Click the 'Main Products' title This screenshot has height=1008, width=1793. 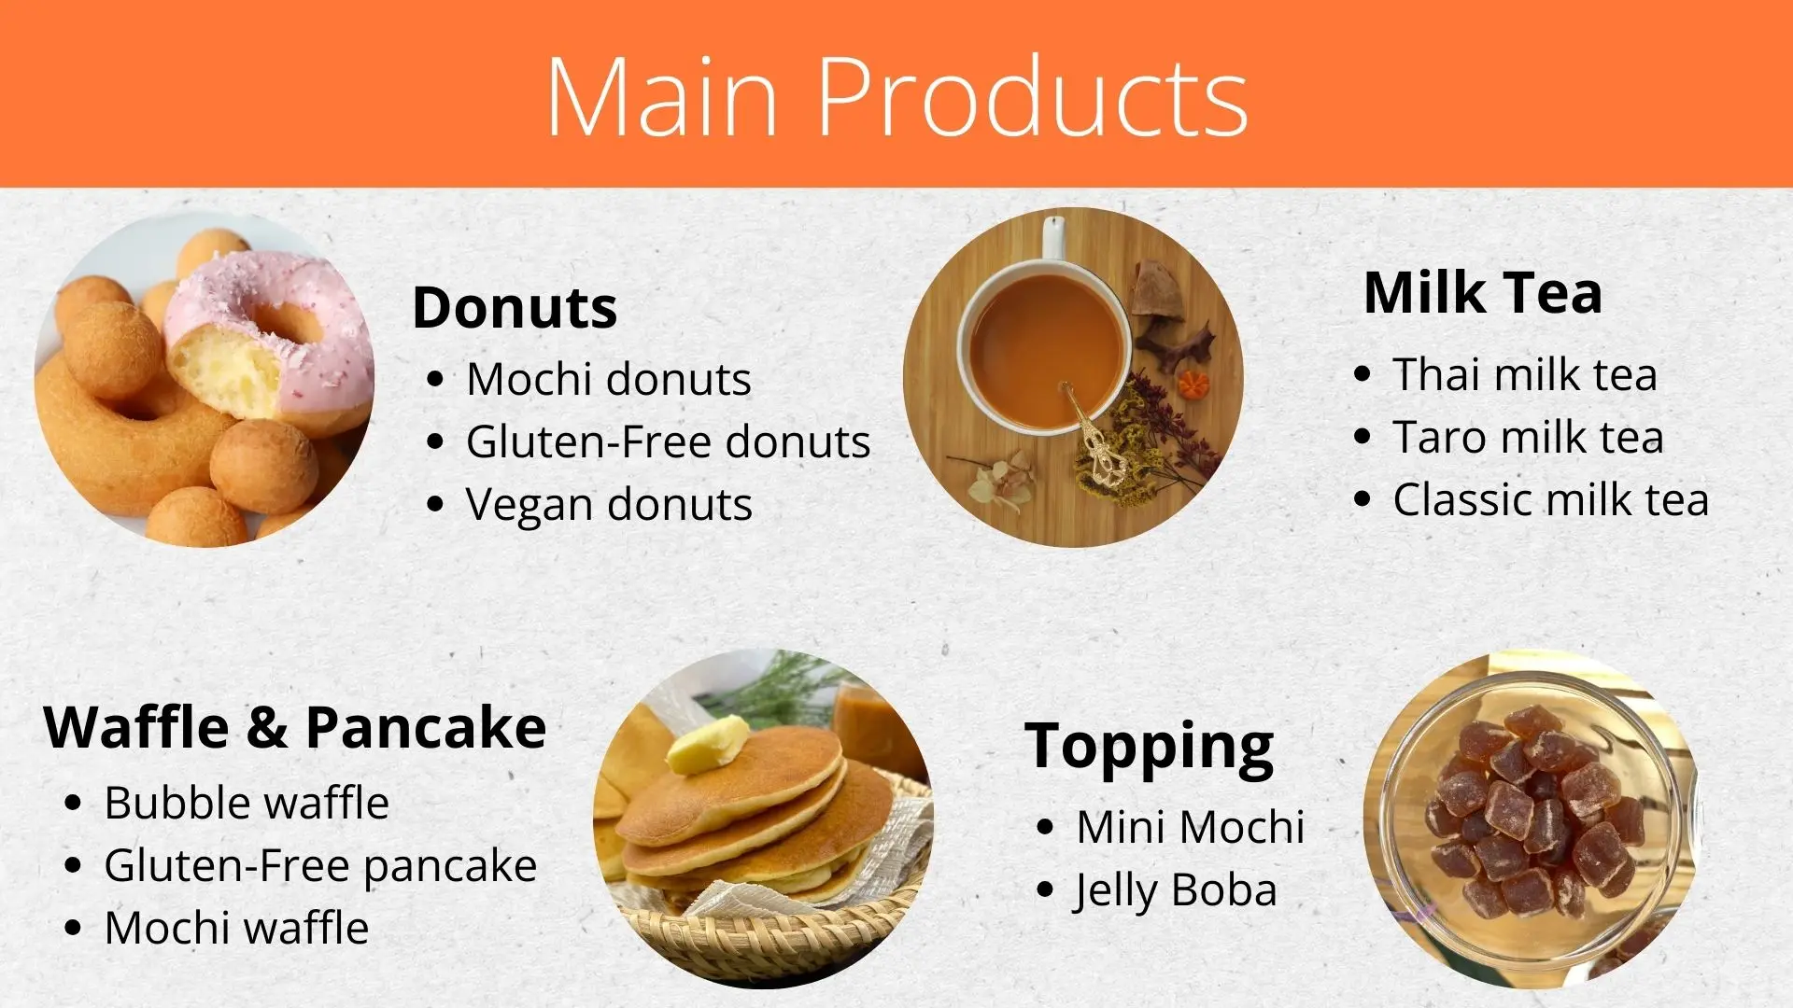896,96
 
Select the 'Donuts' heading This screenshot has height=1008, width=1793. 515,307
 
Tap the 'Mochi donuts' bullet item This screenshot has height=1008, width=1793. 608,379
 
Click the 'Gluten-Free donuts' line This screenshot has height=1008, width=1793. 668,441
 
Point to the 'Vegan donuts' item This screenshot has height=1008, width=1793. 608,505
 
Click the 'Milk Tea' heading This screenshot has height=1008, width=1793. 1482,292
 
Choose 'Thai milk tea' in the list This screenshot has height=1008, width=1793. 1524,374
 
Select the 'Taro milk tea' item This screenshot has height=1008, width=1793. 1528,437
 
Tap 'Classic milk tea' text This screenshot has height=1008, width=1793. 1550,499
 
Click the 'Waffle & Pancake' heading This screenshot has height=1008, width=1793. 295,727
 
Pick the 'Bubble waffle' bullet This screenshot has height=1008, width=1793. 247,803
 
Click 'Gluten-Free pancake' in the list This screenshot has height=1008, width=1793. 320,865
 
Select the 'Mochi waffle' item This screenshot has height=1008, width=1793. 236,928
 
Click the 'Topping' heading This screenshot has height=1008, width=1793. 1149,746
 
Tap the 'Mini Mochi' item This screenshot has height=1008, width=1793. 1189,827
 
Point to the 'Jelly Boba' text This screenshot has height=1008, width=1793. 1175,890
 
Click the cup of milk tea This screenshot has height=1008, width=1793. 1046,350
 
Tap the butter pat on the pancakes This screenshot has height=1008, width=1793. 708,745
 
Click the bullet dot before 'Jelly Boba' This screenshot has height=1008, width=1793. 1045,890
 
